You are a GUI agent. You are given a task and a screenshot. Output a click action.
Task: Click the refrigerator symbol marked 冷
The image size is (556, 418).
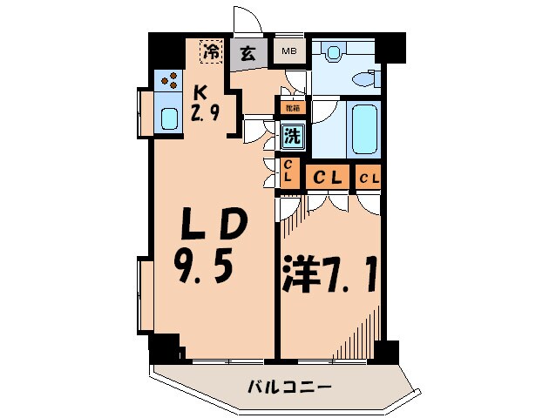click(210, 52)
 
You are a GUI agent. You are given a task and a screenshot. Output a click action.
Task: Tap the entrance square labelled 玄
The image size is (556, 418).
click(248, 52)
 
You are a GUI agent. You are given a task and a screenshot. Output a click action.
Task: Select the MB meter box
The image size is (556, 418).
click(288, 51)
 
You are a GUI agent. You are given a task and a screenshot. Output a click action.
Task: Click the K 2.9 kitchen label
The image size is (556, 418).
click(202, 102)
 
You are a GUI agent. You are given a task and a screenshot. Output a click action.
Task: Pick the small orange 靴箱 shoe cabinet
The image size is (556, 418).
click(290, 109)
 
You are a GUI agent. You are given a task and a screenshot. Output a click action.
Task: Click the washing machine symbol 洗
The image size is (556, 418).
click(292, 136)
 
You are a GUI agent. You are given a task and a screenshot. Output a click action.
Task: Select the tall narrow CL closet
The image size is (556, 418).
click(288, 171)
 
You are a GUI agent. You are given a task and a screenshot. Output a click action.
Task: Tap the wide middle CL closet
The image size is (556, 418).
click(327, 178)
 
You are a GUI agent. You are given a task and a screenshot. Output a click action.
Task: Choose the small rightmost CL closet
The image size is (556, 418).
click(368, 179)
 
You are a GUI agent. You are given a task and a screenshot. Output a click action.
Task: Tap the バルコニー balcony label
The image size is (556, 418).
click(280, 386)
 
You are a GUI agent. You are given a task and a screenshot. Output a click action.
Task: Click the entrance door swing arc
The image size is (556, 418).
click(247, 22)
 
